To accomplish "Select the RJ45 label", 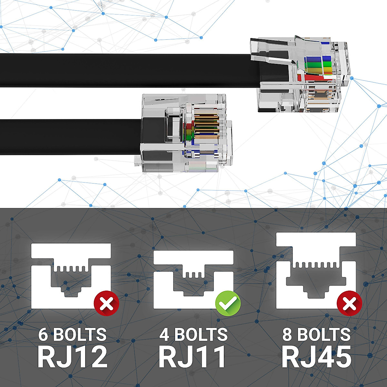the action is click(316, 357).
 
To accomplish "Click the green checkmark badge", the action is click(228, 303).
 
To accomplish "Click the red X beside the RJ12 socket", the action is click(106, 303).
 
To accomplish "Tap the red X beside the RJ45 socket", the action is click(350, 303).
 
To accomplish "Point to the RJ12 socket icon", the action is click(71, 276).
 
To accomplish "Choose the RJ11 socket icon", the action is click(193, 280).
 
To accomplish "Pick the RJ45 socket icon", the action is click(316, 271).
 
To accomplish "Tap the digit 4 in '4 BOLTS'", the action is click(164, 334).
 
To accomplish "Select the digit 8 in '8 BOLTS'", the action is click(287, 334).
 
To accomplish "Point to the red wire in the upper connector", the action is click(313, 78).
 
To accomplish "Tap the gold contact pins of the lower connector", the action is click(207, 126).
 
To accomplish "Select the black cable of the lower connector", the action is click(70, 137).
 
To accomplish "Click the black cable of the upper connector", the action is click(129, 70).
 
